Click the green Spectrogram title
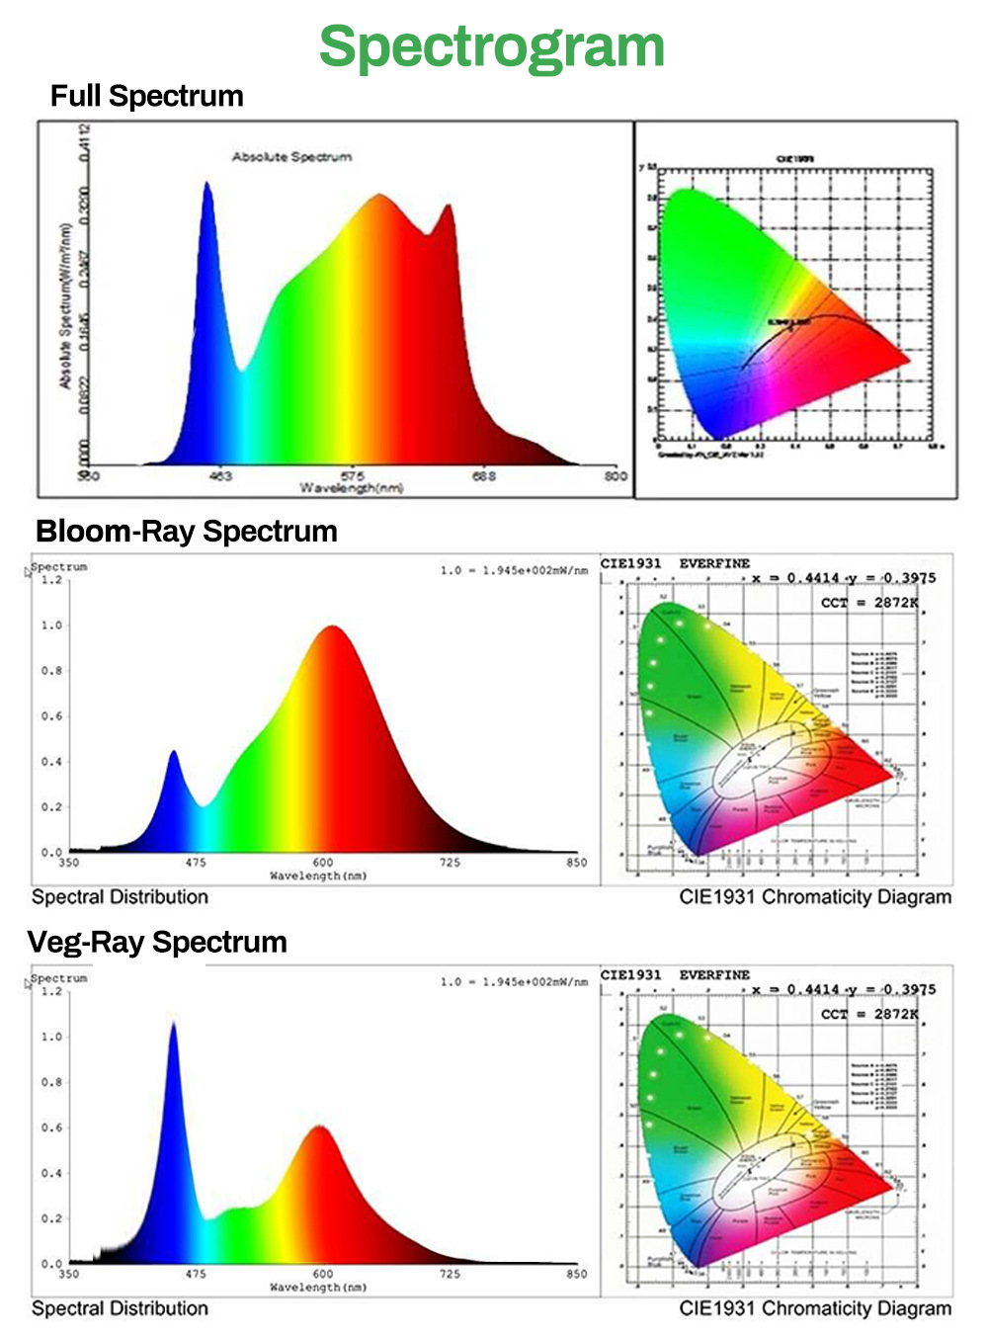pyautogui.click(x=492, y=46)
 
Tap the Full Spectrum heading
pyautogui.click(x=146, y=96)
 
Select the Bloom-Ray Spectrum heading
pyautogui.click(x=186, y=531)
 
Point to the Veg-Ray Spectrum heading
pyautogui.click(x=157, y=942)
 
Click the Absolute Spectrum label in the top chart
pyautogui.click(x=291, y=156)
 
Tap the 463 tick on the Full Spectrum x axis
pyautogui.click(x=220, y=476)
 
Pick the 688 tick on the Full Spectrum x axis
pyautogui.click(x=484, y=476)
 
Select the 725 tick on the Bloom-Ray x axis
pyautogui.click(x=450, y=863)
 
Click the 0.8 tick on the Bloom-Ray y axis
pyautogui.click(x=51, y=671)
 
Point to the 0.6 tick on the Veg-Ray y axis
pyautogui.click(x=51, y=1127)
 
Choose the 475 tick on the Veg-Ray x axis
pyautogui.click(x=196, y=1274)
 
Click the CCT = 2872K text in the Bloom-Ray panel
pyautogui.click(x=869, y=602)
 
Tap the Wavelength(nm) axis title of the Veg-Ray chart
pyautogui.click(x=318, y=1288)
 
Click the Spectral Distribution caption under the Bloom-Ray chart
pyautogui.click(x=120, y=897)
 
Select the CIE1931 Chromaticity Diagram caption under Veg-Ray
pyautogui.click(x=815, y=1308)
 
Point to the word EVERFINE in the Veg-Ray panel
pyautogui.click(x=714, y=974)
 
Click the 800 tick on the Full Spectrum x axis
pyautogui.click(x=616, y=476)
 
